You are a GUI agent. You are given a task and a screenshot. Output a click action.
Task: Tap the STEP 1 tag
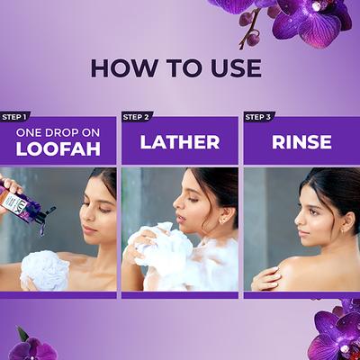(x=15, y=116)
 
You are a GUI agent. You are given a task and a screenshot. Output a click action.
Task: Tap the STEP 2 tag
(x=137, y=116)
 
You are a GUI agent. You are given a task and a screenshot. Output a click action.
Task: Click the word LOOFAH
(x=58, y=150)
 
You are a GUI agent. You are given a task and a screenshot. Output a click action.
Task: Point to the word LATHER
(x=180, y=142)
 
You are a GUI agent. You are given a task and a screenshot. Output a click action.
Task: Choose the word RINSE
(x=301, y=142)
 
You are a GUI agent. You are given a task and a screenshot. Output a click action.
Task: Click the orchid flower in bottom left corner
(x=31, y=346)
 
